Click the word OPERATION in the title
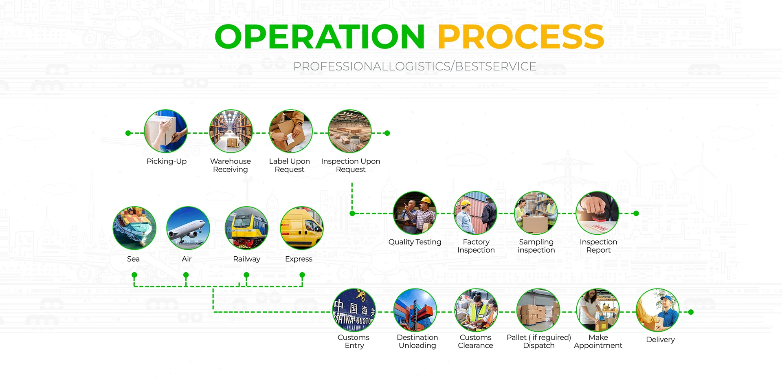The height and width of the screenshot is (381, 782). (x=320, y=37)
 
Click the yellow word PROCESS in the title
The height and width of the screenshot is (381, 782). (x=521, y=37)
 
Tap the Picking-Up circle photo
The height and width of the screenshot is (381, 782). (x=166, y=131)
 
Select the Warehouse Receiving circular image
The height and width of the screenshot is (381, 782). (x=231, y=131)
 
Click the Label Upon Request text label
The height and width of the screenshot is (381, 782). (x=289, y=165)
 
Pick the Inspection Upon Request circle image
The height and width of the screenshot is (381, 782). (x=349, y=131)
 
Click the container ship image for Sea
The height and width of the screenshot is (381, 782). (x=134, y=228)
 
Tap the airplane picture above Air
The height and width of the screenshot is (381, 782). (x=188, y=228)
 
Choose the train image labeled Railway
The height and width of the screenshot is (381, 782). (x=246, y=228)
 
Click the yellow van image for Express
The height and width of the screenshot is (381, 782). (x=301, y=228)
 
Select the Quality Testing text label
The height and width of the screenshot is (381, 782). (x=415, y=242)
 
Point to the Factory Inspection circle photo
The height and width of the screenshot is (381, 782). (x=475, y=213)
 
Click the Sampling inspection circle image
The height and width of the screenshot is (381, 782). (x=536, y=213)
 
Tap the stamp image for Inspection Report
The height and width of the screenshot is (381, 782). (x=597, y=213)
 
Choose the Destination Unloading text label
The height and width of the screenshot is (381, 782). (x=417, y=341)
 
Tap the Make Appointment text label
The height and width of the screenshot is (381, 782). (x=598, y=341)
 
